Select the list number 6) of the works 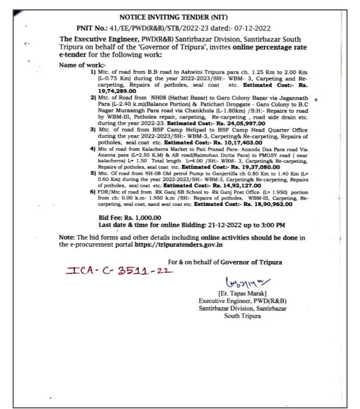point(92,191)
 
